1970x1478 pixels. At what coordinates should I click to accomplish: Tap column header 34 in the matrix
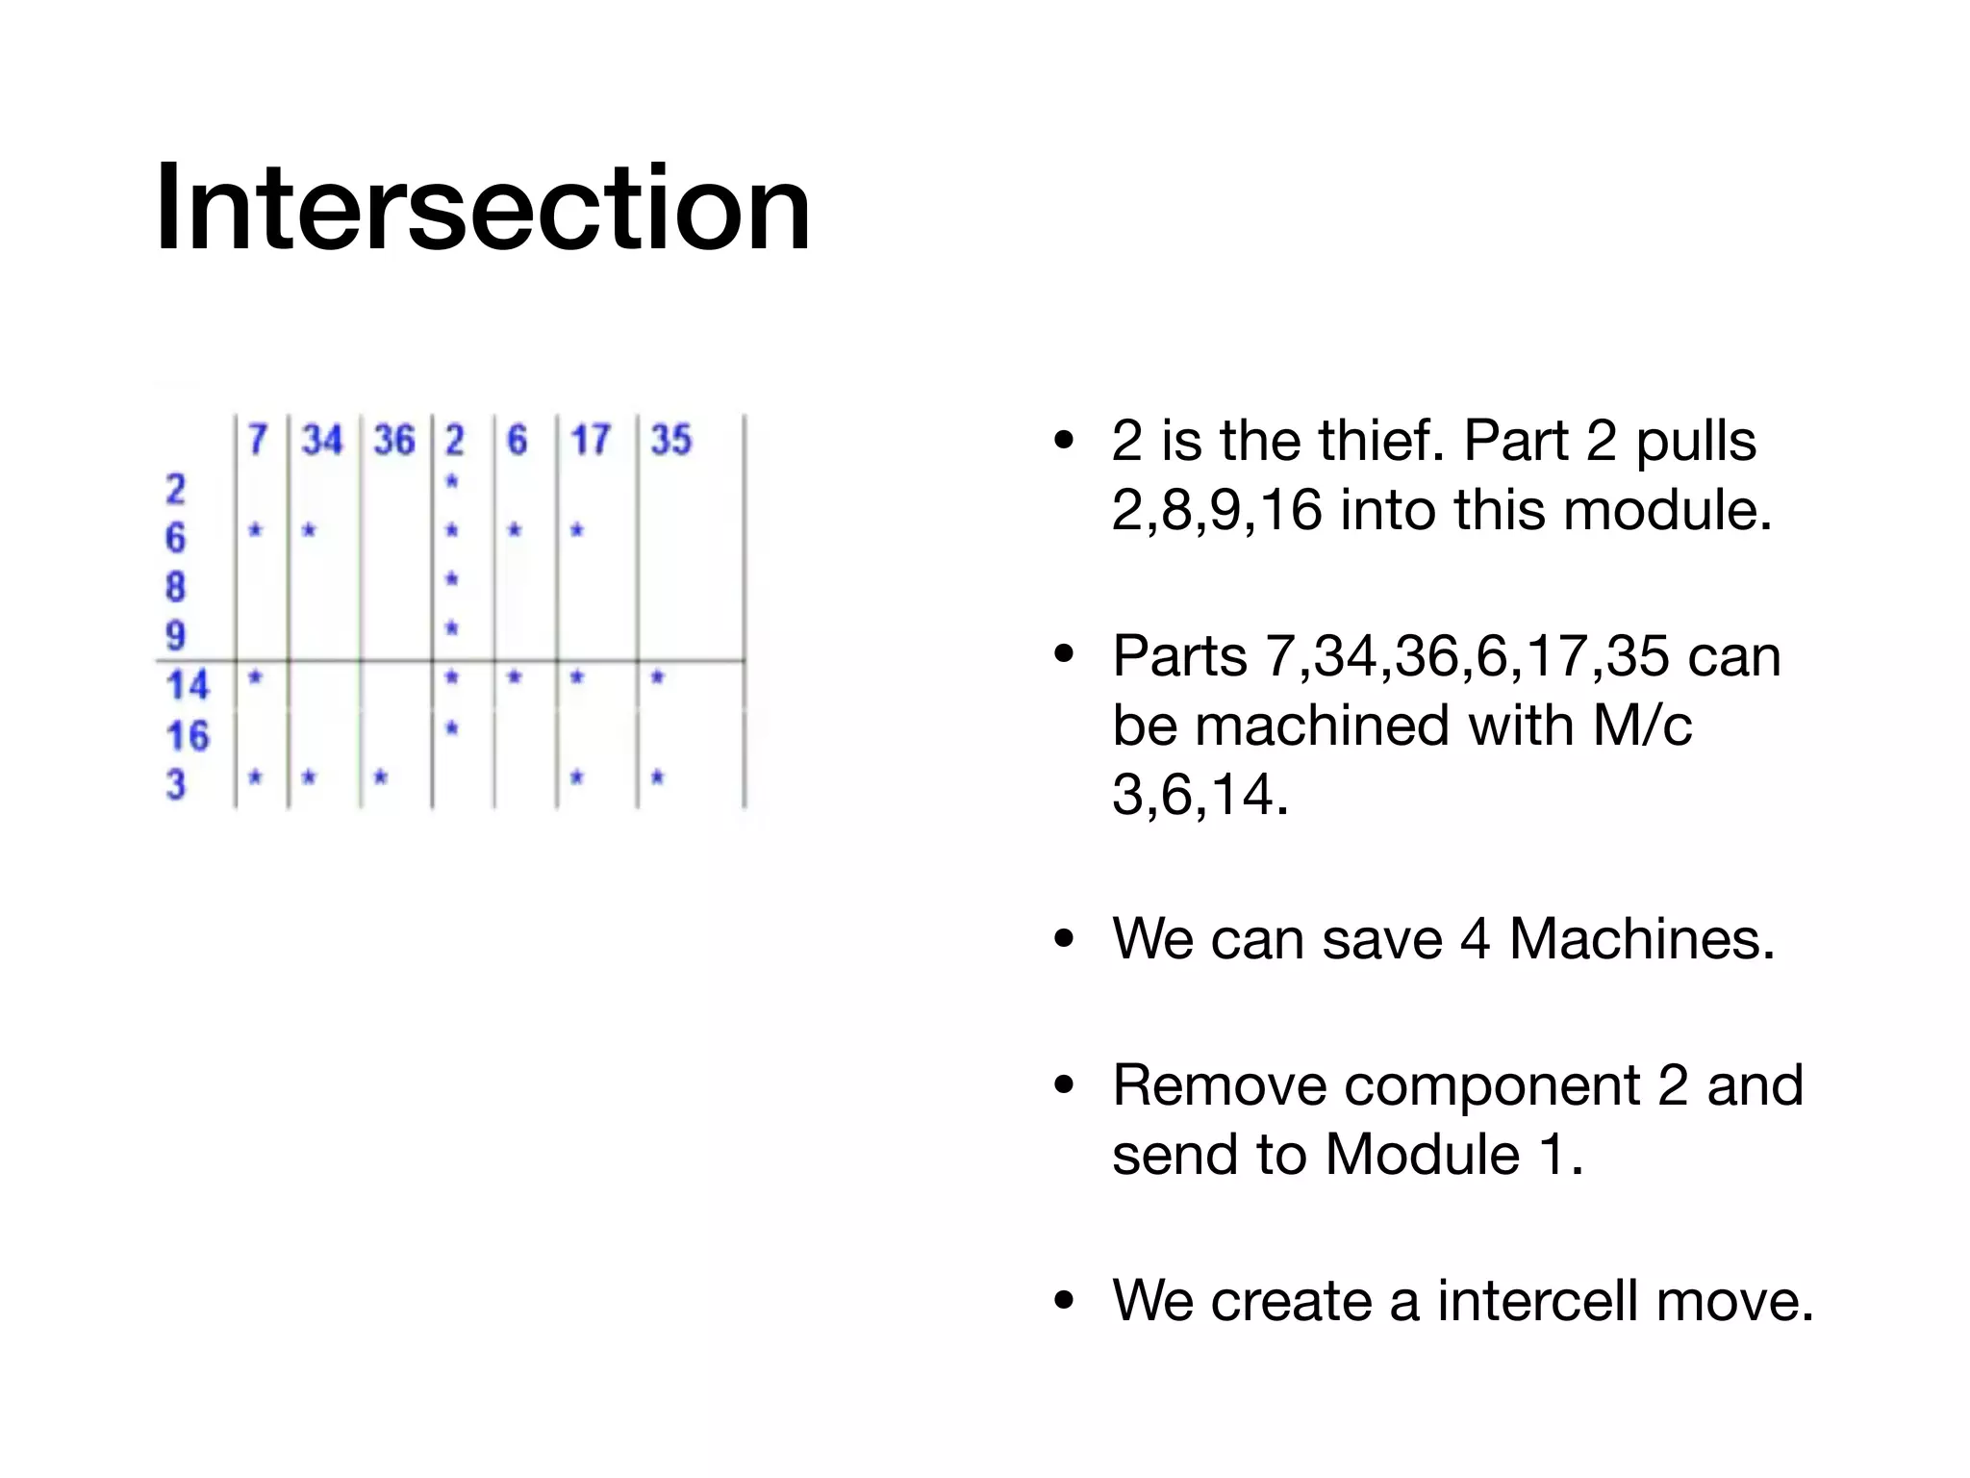[x=321, y=441]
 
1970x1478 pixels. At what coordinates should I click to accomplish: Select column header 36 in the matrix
[x=393, y=441]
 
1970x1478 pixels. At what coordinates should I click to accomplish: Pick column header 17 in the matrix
[x=590, y=441]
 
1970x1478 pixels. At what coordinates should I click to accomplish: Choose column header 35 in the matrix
[x=670, y=441]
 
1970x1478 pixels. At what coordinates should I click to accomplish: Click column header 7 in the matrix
[x=257, y=441]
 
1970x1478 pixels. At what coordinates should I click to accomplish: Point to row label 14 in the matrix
[x=187, y=686]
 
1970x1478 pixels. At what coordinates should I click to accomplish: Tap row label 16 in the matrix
[x=187, y=736]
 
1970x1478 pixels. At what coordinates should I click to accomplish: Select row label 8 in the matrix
[x=175, y=587]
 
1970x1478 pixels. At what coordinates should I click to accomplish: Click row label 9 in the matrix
[x=175, y=636]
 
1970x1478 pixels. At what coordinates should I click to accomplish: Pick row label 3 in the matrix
[x=175, y=785]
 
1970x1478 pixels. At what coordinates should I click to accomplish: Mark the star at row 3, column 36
[x=381, y=777]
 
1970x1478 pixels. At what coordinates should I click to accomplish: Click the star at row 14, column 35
[x=658, y=677]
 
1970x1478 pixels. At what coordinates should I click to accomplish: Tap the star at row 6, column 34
[x=309, y=529]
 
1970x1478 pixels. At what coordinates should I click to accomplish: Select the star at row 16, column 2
[x=452, y=727]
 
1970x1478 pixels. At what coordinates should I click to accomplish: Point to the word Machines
[x=1641, y=939]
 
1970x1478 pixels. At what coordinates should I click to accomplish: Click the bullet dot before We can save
[x=1064, y=940]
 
